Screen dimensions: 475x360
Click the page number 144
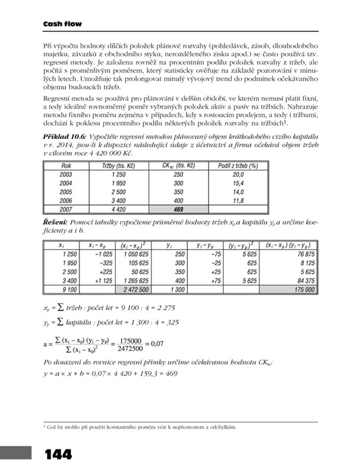pyautogui.click(x=58, y=455)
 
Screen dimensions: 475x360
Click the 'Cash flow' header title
pyautogui.click(x=62, y=24)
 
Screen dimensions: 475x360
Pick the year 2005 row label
pyautogui.click(x=67, y=192)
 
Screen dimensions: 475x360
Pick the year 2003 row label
pyautogui.click(x=67, y=175)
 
